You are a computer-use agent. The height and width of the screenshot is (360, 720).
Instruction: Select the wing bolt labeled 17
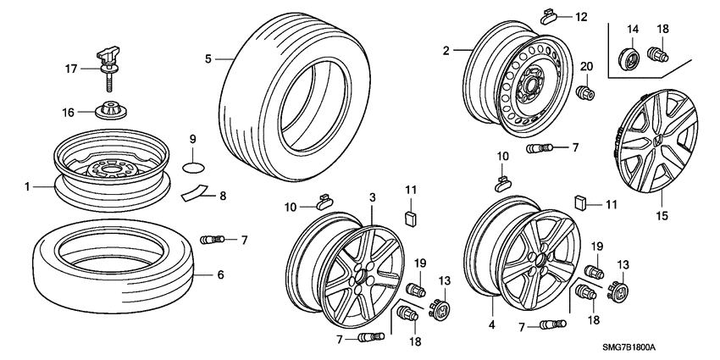point(110,60)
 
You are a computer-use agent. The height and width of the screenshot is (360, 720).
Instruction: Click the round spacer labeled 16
point(110,111)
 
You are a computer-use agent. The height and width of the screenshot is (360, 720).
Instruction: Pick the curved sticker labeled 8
point(193,191)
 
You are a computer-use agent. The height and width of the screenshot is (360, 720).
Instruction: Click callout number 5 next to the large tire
point(208,58)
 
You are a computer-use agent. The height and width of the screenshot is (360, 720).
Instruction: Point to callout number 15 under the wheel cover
point(662,216)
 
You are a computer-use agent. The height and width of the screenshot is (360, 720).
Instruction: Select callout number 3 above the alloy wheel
point(372,198)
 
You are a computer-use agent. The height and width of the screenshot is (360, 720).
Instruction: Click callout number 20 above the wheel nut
point(585,67)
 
